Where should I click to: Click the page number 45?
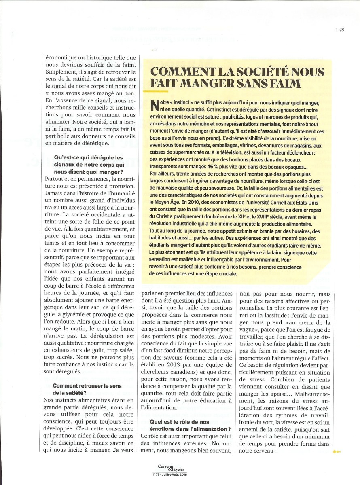coord(342,29)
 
